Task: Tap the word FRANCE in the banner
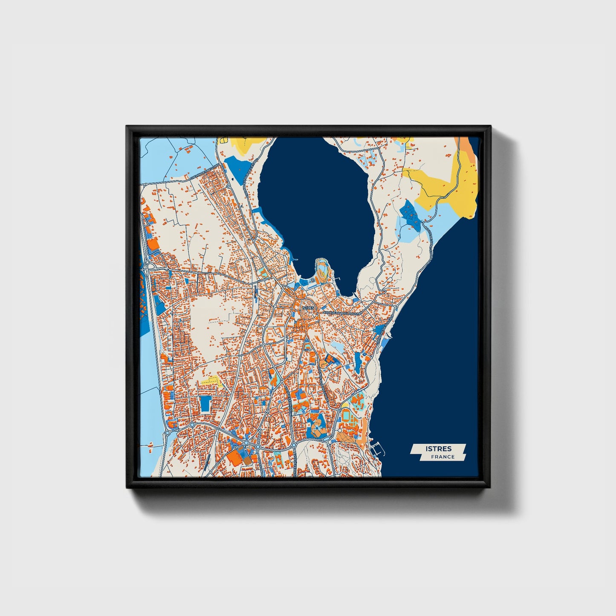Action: click(x=442, y=457)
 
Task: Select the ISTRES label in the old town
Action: click(x=308, y=307)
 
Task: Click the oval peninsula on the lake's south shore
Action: click(x=322, y=269)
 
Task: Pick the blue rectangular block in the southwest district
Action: click(x=205, y=403)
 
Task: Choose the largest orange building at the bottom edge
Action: click(x=234, y=457)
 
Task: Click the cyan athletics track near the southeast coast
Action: click(x=346, y=414)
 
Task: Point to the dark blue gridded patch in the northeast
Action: click(x=410, y=212)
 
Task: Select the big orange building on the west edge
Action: click(x=152, y=245)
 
